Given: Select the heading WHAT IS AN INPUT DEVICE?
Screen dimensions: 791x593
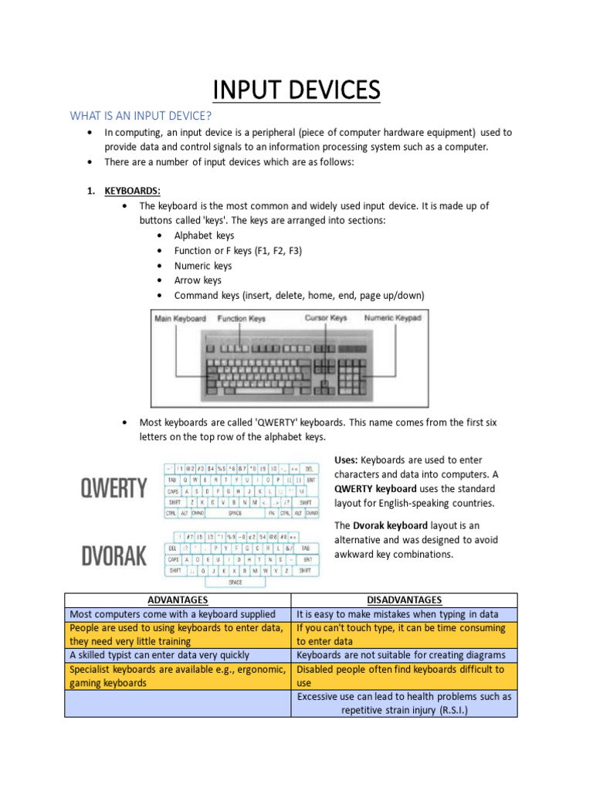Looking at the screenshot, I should click(141, 116).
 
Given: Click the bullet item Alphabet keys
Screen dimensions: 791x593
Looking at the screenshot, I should click(204, 236).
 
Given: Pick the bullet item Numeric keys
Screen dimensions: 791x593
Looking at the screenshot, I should click(202, 266).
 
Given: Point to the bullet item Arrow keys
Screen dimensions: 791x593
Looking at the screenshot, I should click(198, 280).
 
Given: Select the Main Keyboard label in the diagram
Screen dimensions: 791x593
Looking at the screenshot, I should click(181, 318).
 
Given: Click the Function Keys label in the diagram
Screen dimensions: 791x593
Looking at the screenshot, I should click(241, 318).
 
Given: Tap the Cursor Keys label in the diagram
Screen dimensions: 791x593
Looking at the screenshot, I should click(326, 317).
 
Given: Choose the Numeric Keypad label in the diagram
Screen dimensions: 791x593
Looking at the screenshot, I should click(393, 317).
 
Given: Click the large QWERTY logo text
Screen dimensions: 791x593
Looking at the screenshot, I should click(114, 489).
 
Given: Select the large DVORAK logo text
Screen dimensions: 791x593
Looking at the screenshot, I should click(114, 555).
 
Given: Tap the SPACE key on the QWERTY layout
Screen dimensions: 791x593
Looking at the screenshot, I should click(235, 513).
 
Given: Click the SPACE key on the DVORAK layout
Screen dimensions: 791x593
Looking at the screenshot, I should click(235, 582).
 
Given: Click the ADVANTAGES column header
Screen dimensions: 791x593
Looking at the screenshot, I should click(178, 600).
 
